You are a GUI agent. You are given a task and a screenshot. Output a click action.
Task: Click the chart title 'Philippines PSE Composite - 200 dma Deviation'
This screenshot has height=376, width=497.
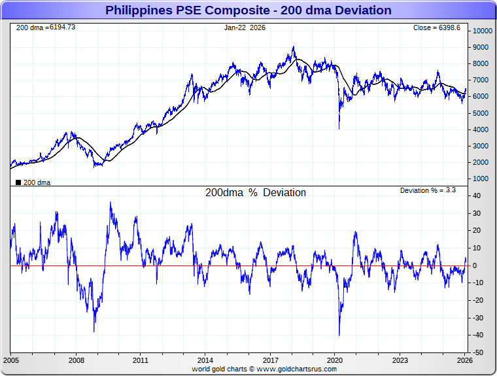point(248,10)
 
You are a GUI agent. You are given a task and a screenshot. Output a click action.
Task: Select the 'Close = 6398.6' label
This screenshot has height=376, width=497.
point(436,27)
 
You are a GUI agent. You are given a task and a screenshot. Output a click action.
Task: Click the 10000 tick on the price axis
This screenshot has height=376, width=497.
point(483,31)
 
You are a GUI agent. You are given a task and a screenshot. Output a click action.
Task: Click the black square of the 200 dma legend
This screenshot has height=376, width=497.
point(18,182)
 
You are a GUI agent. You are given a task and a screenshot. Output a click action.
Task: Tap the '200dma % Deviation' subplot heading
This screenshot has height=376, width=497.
point(255,193)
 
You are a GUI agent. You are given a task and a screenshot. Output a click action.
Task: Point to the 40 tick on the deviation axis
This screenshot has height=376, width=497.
point(478,196)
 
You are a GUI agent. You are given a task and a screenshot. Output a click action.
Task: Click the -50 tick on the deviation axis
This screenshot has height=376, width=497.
point(479,352)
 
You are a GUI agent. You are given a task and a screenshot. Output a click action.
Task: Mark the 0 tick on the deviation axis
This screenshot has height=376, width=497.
point(476,265)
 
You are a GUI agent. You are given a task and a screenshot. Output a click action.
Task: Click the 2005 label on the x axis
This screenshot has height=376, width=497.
point(12,360)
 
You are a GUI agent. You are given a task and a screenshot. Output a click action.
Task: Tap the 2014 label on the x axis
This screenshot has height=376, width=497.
point(205,360)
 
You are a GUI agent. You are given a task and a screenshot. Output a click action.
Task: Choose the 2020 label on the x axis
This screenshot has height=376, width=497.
point(335,360)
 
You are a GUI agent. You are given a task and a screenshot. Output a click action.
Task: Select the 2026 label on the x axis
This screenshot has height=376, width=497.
point(464,360)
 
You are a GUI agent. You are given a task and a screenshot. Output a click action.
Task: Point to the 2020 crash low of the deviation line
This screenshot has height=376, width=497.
point(339,335)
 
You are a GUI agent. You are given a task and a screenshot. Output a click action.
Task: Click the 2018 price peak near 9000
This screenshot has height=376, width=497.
point(294,47)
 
